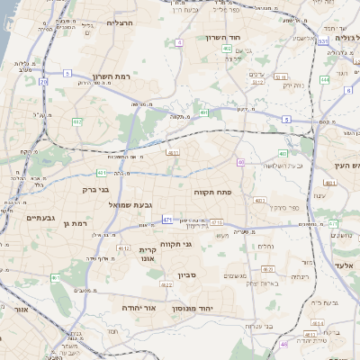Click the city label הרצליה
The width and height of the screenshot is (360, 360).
point(120,22)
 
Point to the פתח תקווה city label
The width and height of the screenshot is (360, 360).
point(211,192)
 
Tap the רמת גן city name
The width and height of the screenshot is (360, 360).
point(69,221)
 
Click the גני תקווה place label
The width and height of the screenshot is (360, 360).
point(176,244)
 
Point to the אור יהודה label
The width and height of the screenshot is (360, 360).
point(139,307)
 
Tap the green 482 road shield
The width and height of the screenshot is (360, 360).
point(77,121)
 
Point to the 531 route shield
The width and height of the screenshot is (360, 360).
point(322,42)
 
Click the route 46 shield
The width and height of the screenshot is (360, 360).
point(284,344)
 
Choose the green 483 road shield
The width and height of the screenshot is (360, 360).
point(283,154)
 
